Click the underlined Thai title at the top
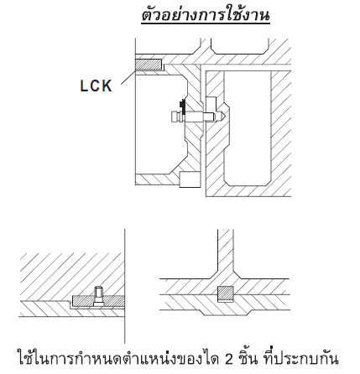pos(206,15)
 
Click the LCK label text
pos(96,86)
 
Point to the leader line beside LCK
pos(128,77)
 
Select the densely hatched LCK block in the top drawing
pos(149,65)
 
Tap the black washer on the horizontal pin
pos(183,106)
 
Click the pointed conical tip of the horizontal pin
pos(220,115)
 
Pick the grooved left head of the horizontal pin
pos(177,117)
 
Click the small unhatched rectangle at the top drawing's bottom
pos(190,179)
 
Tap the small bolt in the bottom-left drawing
pos(98,296)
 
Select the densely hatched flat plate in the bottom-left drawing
pos(98,301)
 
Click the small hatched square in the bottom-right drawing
pos(226,294)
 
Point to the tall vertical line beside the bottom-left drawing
pos(125,286)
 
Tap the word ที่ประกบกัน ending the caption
pos(301,357)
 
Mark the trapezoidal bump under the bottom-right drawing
pos(225,313)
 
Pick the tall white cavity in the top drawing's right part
pos(248,128)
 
